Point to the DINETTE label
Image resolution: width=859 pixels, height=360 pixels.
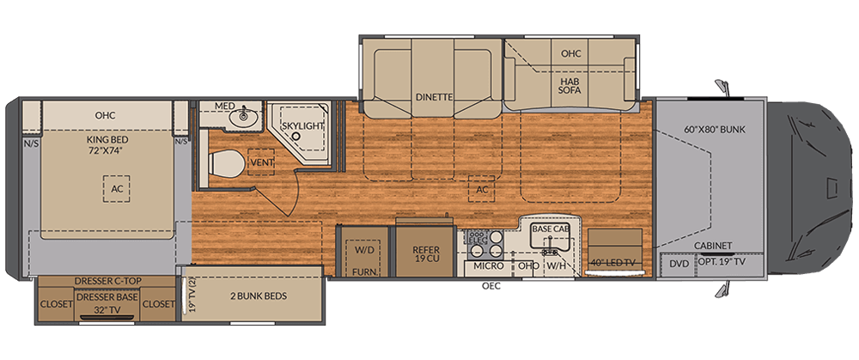pyautogui.click(x=433, y=97)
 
